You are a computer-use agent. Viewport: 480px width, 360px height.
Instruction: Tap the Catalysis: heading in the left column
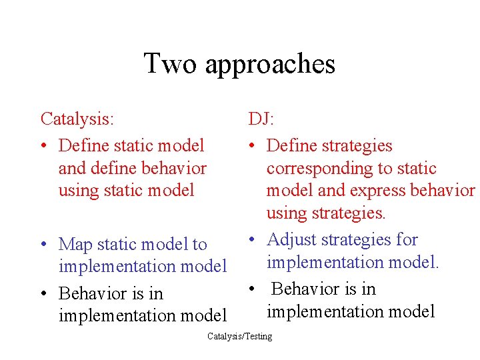(x=77, y=119)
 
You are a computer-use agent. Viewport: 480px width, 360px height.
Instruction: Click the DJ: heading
(x=261, y=119)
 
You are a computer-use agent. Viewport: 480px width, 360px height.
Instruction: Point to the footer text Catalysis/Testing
(x=239, y=337)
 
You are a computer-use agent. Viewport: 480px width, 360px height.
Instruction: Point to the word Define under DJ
(x=291, y=145)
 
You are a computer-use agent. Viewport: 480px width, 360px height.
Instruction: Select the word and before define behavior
(x=72, y=169)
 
